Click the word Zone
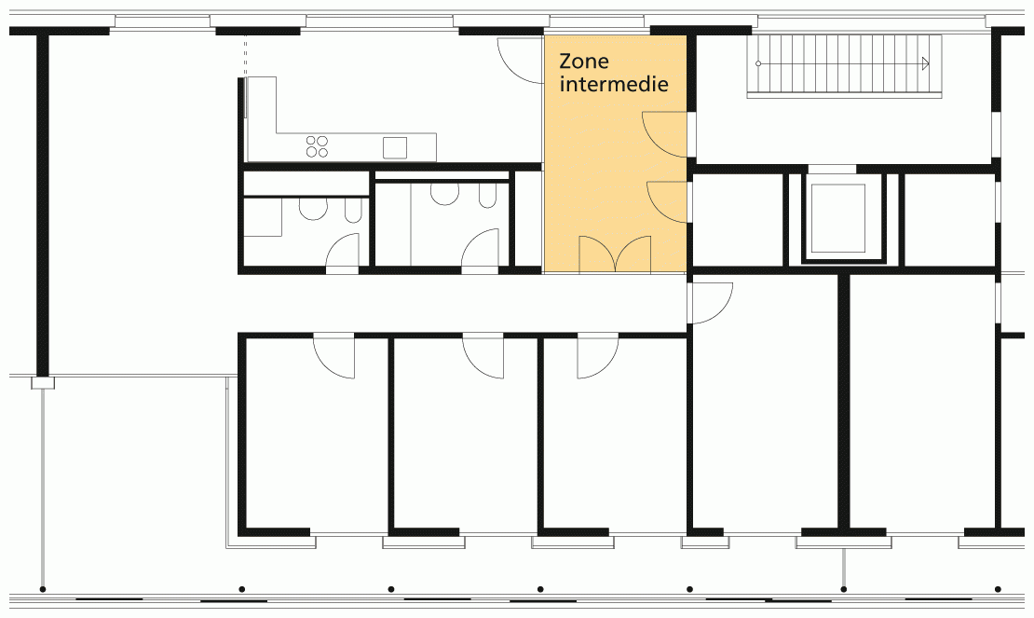[583, 62]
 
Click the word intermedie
[614, 85]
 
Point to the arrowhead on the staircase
[926, 63]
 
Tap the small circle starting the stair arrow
[758, 63]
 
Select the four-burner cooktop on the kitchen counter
[318, 146]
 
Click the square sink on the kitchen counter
[395, 147]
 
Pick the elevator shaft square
[837, 218]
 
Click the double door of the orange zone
[615, 254]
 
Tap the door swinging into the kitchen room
[521, 60]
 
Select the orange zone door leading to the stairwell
[665, 134]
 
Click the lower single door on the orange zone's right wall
[667, 202]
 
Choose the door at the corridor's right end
[711, 303]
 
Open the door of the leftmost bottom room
[333, 356]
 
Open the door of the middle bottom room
[483, 356]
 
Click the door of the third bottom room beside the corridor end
[598, 356]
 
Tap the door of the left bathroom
[342, 254]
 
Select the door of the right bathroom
[480, 251]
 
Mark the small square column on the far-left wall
[43, 382]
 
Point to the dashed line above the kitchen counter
[245, 56]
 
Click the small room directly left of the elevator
[739, 220]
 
